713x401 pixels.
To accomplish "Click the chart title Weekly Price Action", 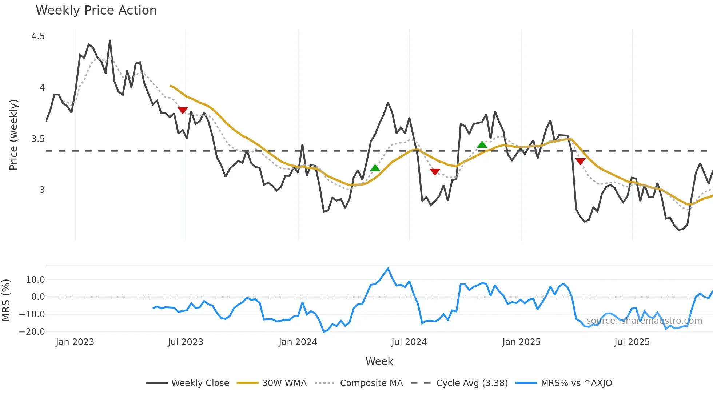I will click(96, 11).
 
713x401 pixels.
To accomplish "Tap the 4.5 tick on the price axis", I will click(38, 36).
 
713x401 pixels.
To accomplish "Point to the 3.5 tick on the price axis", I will click(38, 139).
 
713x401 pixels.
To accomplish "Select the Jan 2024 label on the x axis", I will click(298, 342).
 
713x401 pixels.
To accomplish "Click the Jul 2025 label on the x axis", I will click(632, 342).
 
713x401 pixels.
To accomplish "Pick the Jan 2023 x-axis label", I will click(75, 342).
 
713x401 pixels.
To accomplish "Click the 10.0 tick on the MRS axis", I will click(35, 280).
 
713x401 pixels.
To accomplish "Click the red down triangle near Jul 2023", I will click(183, 110).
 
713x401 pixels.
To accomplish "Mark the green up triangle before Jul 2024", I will click(375, 168).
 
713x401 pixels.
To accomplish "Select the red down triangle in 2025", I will click(580, 161).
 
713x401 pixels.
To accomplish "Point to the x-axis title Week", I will click(379, 361).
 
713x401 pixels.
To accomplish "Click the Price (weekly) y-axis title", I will click(13, 135).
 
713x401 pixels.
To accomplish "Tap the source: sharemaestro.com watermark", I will click(644, 321).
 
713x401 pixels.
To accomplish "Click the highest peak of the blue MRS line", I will click(388, 269).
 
